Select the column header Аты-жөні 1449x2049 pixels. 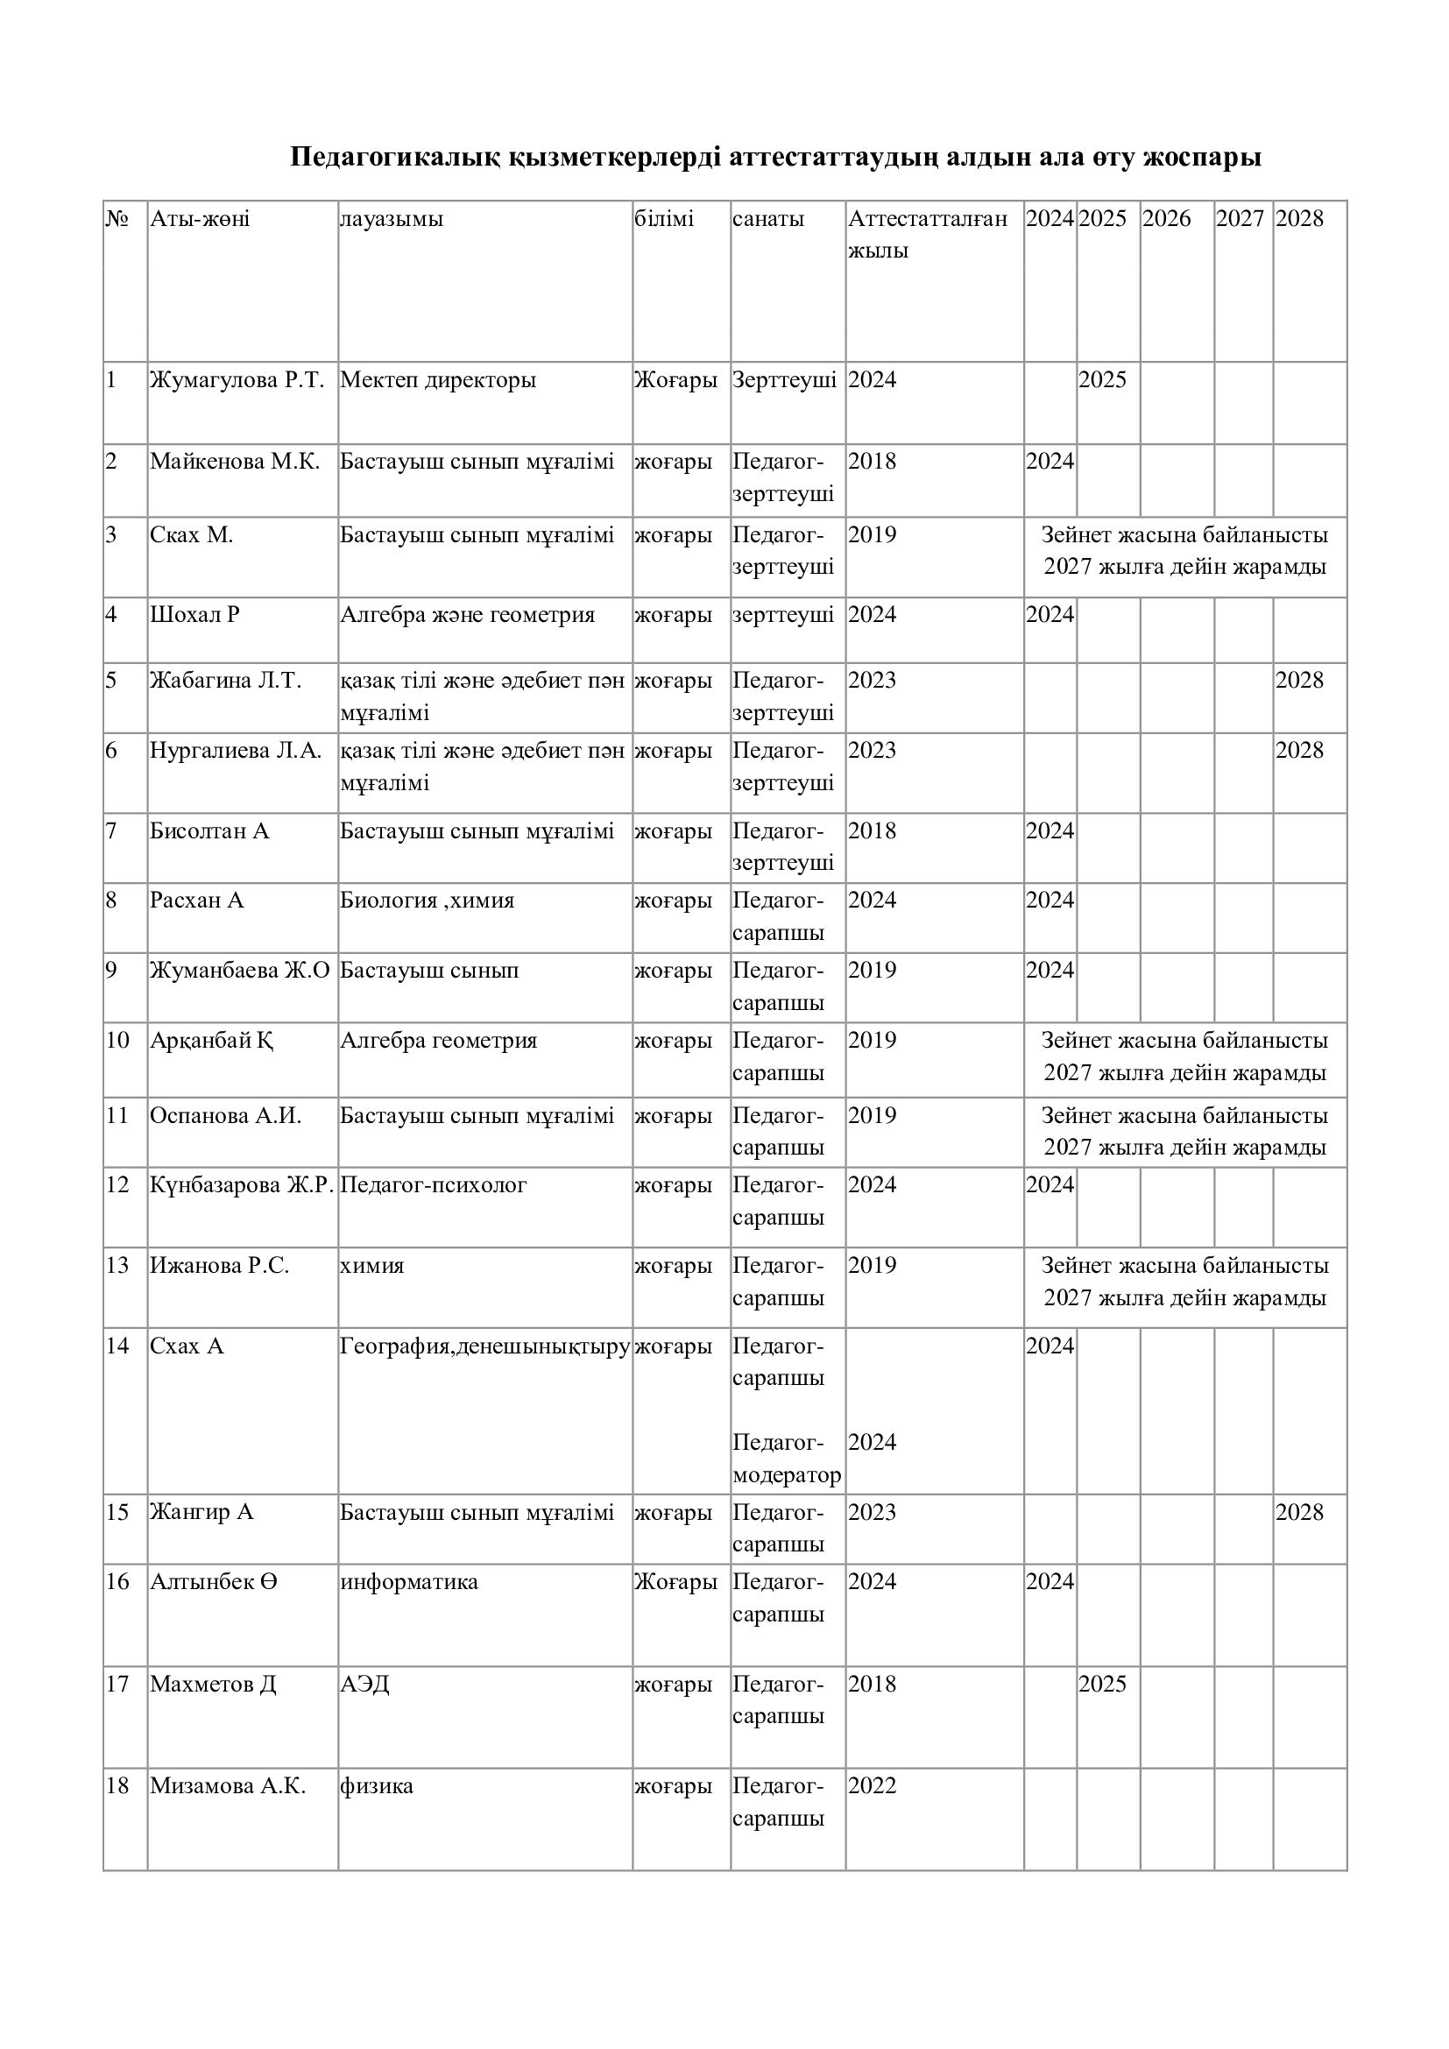click(200, 220)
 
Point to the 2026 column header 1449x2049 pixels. click(1166, 220)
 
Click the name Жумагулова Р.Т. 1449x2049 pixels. click(237, 380)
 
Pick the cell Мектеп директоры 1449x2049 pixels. click(438, 380)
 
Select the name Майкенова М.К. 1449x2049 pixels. click(235, 462)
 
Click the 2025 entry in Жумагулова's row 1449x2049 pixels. click(1102, 380)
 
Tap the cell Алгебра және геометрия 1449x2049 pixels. click(468, 615)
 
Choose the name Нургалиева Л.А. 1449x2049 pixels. click(236, 751)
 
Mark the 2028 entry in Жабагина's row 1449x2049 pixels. click(1299, 681)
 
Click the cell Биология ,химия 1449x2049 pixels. click(428, 900)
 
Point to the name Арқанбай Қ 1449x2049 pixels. click(211, 1041)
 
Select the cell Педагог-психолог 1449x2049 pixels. click(434, 1185)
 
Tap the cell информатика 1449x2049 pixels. click(408, 1582)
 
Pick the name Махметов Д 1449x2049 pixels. click(213, 1684)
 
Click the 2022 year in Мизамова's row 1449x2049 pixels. click(872, 1785)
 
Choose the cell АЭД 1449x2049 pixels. click(365, 1684)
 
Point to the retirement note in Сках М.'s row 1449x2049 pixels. click(1184, 551)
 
